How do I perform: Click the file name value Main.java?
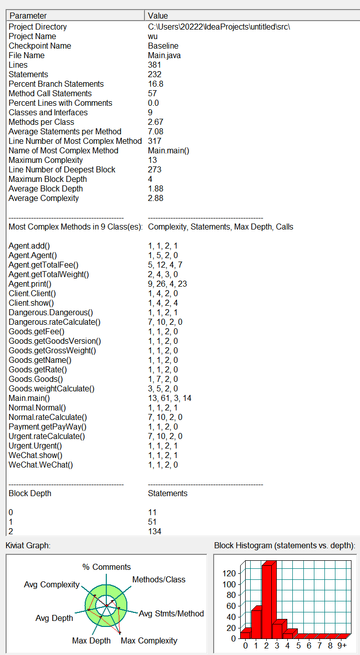[164, 55]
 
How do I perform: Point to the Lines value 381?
[154, 65]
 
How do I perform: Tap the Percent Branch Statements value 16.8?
[155, 84]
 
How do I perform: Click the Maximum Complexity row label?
[46, 160]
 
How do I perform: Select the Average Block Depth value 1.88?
[156, 188]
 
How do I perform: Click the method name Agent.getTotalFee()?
[44, 265]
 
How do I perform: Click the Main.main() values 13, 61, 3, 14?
[170, 398]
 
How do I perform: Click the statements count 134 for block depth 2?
[154, 531]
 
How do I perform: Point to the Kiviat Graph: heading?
[28, 545]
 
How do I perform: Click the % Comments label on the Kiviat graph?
[106, 567]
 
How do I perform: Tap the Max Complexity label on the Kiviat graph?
[149, 640]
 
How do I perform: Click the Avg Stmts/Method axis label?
[171, 613]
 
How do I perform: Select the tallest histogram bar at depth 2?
[266, 601]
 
